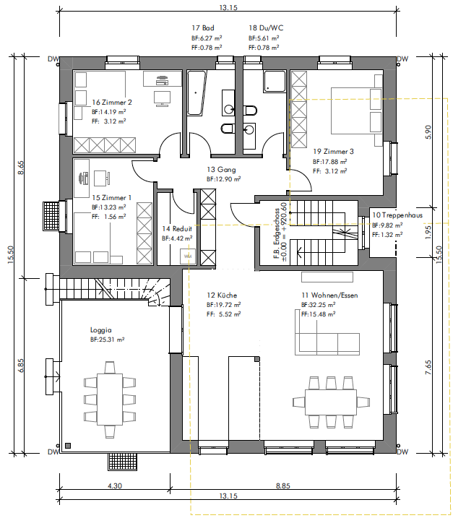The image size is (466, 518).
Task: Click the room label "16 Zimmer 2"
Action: click(112, 103)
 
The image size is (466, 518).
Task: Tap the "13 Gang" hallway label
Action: click(221, 170)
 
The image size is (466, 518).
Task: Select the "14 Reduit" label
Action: click(177, 228)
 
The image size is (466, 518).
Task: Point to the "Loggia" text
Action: click(100, 330)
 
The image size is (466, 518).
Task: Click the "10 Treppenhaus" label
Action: click(397, 215)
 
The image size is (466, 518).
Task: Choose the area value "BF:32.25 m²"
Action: click(319, 305)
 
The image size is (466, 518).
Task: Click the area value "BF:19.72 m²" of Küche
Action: click(223, 305)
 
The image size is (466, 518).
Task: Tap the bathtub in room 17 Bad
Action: click(197, 92)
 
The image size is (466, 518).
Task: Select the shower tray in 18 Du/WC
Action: click(274, 81)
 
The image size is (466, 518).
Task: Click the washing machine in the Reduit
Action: click(188, 256)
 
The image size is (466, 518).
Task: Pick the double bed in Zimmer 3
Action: click(357, 111)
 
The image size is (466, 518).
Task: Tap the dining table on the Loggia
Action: click(110, 399)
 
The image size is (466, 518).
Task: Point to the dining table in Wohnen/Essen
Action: click(331, 402)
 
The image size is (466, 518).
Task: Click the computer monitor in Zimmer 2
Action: click(162, 98)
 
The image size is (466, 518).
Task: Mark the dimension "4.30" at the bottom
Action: click(115, 486)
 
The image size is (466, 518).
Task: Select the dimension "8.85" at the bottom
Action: click(283, 486)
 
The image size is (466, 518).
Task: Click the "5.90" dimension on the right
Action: click(428, 132)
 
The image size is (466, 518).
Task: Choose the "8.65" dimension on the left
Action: click(20, 168)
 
